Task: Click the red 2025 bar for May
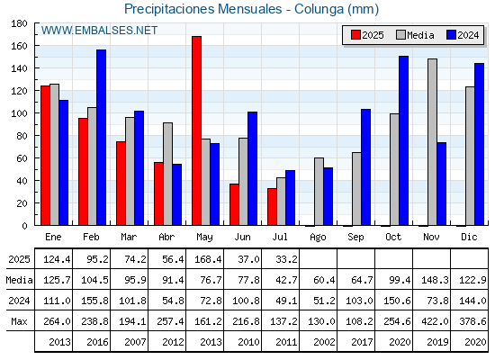tap(197, 130)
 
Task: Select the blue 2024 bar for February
tap(101, 138)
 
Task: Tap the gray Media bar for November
tap(432, 142)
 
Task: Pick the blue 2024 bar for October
tap(404, 140)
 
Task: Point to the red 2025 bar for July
tap(272, 207)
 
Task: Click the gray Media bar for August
tap(319, 192)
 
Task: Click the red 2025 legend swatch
tap(355, 35)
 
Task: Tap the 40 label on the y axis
tap(22, 181)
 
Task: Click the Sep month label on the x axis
tap(355, 238)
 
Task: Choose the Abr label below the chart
tap(166, 238)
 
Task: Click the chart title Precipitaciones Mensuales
tap(203, 9)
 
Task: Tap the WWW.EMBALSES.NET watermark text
tap(99, 31)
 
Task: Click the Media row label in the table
tap(19, 280)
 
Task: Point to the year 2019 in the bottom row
tap(437, 342)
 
